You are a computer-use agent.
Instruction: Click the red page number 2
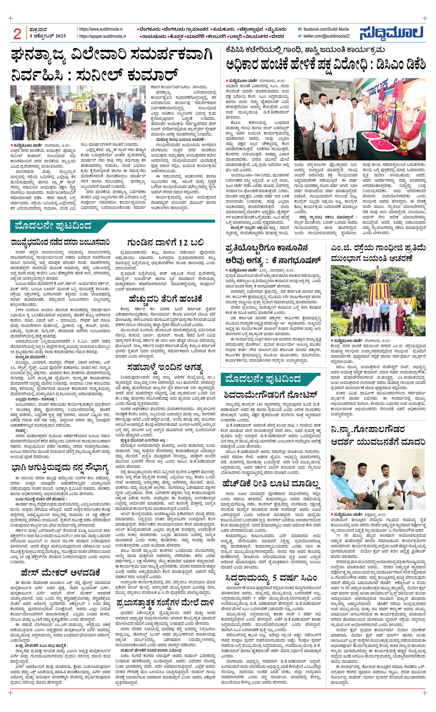click(17, 34)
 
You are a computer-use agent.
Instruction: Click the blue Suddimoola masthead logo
click(391, 33)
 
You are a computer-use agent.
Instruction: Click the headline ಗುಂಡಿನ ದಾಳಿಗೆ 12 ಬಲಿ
click(165, 242)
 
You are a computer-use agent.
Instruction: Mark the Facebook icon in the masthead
click(300, 29)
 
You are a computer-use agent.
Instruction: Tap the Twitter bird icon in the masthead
click(300, 36)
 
